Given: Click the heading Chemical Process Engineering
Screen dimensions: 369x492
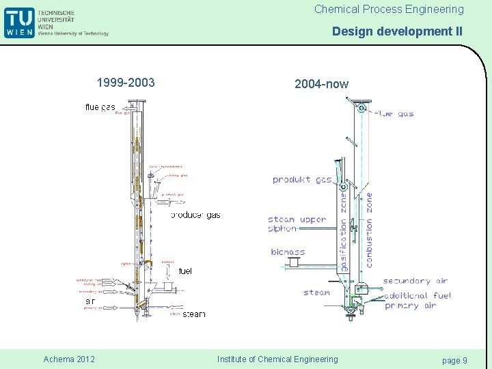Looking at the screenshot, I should [x=389, y=10].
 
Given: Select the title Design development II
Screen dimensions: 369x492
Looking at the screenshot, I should [x=397, y=31].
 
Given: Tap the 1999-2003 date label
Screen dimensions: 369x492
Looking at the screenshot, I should [x=126, y=83].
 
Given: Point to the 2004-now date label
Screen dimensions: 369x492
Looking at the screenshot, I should [x=321, y=84].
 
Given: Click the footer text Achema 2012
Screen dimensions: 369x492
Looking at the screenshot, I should [x=69, y=359].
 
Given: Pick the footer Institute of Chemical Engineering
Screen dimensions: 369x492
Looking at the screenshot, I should [x=277, y=359].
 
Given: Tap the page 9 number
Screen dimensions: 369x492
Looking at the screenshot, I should [x=454, y=360].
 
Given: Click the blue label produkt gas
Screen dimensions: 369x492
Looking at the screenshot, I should [x=302, y=180].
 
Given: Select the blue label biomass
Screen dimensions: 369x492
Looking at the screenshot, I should [x=288, y=252].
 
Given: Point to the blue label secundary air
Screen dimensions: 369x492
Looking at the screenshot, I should [x=415, y=281].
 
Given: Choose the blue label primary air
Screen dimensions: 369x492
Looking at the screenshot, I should [x=410, y=305].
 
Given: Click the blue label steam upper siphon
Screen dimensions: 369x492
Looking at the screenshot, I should [x=297, y=224].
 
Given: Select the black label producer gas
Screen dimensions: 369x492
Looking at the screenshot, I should [x=195, y=215].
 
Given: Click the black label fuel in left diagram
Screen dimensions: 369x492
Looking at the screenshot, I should [x=185, y=271].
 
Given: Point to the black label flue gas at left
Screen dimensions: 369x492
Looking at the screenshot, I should [x=100, y=107].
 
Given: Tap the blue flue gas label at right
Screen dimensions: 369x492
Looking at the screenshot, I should [x=394, y=113].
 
